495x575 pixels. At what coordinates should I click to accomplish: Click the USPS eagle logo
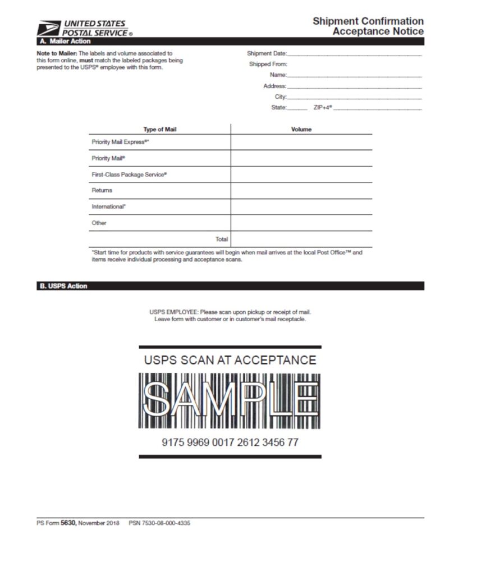click(48, 28)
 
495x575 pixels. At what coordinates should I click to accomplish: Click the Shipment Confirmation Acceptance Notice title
click(368, 26)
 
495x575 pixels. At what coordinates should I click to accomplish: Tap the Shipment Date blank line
click(354, 54)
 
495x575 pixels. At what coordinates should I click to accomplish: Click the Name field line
click(354, 75)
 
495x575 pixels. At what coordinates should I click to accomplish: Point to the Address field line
click(354, 86)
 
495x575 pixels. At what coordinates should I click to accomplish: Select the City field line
click(354, 97)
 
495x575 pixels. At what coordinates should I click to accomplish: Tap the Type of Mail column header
click(160, 129)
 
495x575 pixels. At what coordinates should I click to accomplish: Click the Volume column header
click(301, 129)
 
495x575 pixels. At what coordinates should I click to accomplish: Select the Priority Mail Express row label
click(120, 142)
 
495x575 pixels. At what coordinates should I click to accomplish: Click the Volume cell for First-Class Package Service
click(301, 175)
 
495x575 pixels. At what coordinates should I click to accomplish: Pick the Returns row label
click(102, 190)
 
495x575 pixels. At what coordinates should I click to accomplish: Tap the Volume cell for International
click(301, 207)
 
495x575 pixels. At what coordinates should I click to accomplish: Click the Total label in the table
click(222, 239)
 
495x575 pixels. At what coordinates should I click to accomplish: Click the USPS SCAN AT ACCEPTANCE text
click(230, 360)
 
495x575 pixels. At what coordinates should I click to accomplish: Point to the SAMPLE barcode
click(230, 401)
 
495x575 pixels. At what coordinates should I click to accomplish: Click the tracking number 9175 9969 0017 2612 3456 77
click(230, 442)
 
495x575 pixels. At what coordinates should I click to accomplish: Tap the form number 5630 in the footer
click(68, 523)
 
